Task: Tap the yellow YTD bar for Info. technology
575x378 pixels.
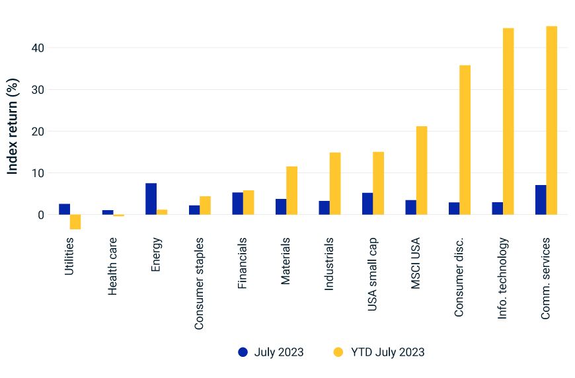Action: [508, 122]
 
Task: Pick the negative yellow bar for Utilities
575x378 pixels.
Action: [75, 222]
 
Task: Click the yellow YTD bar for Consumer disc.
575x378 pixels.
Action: [465, 140]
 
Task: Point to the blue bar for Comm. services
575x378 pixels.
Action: [541, 200]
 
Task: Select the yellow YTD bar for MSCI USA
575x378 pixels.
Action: [422, 170]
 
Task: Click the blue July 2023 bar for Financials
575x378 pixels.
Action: [237, 204]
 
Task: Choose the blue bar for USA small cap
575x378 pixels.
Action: [367, 204]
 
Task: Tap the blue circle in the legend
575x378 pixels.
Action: [243, 352]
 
